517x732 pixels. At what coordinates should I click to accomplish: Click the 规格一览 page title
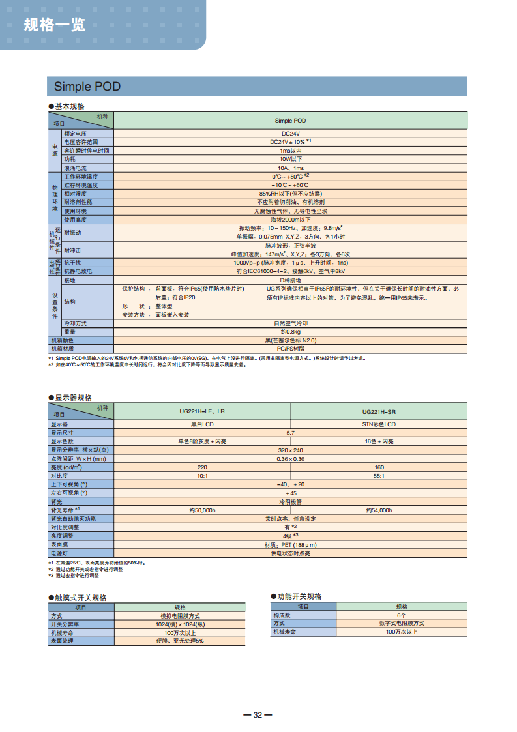coord(54,25)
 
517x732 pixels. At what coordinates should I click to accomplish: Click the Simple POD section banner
coord(87,87)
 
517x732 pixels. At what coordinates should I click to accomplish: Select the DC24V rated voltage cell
coord(290,133)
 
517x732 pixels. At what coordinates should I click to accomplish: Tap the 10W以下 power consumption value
coord(290,159)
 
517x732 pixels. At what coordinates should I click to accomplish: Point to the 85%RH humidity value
coord(290,194)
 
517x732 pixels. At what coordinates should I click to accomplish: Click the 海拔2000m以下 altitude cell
coord(290,220)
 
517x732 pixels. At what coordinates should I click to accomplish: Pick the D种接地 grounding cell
coord(290,280)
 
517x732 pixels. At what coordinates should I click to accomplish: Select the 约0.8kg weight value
coord(290,332)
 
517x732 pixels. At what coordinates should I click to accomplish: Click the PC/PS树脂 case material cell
coord(290,349)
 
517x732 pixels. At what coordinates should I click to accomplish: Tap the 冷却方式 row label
coord(75,323)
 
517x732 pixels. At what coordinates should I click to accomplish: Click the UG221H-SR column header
coord(379,411)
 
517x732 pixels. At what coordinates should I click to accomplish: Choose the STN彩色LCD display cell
coord(379,424)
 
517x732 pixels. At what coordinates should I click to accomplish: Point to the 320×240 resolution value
coord(290,450)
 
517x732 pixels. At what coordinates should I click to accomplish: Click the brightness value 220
coord(202,467)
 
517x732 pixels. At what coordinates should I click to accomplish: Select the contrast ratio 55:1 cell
coord(379,476)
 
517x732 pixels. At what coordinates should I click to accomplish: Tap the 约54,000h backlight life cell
coord(379,510)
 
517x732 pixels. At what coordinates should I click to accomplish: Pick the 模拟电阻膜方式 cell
coord(180,615)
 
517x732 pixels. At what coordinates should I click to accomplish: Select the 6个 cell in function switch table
coord(401,615)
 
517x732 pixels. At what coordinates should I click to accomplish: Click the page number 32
coord(258,715)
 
